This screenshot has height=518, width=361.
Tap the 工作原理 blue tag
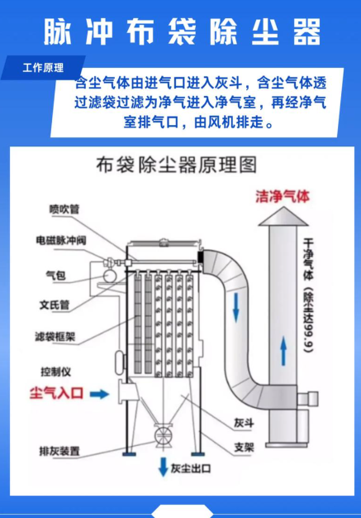point(42,68)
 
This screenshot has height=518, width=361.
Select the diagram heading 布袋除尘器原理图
point(177,165)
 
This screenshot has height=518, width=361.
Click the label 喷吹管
point(64,209)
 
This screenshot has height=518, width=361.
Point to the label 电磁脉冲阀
point(61,240)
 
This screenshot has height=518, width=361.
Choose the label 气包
point(55,273)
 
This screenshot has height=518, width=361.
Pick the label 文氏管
point(59,304)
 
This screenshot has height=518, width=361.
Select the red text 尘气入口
point(55,396)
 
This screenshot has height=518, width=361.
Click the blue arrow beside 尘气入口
point(98,396)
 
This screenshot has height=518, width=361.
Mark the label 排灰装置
point(59,451)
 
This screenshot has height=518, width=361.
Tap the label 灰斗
point(242,421)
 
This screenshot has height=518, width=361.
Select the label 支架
point(243,446)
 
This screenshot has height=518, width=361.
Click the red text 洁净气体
point(283,197)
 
